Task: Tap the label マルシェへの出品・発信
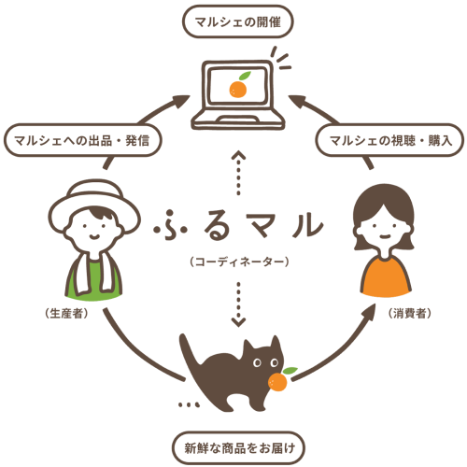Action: pos(82,140)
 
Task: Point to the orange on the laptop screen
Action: pos(238,88)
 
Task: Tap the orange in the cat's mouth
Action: pos(277,381)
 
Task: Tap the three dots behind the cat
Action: pos(188,405)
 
